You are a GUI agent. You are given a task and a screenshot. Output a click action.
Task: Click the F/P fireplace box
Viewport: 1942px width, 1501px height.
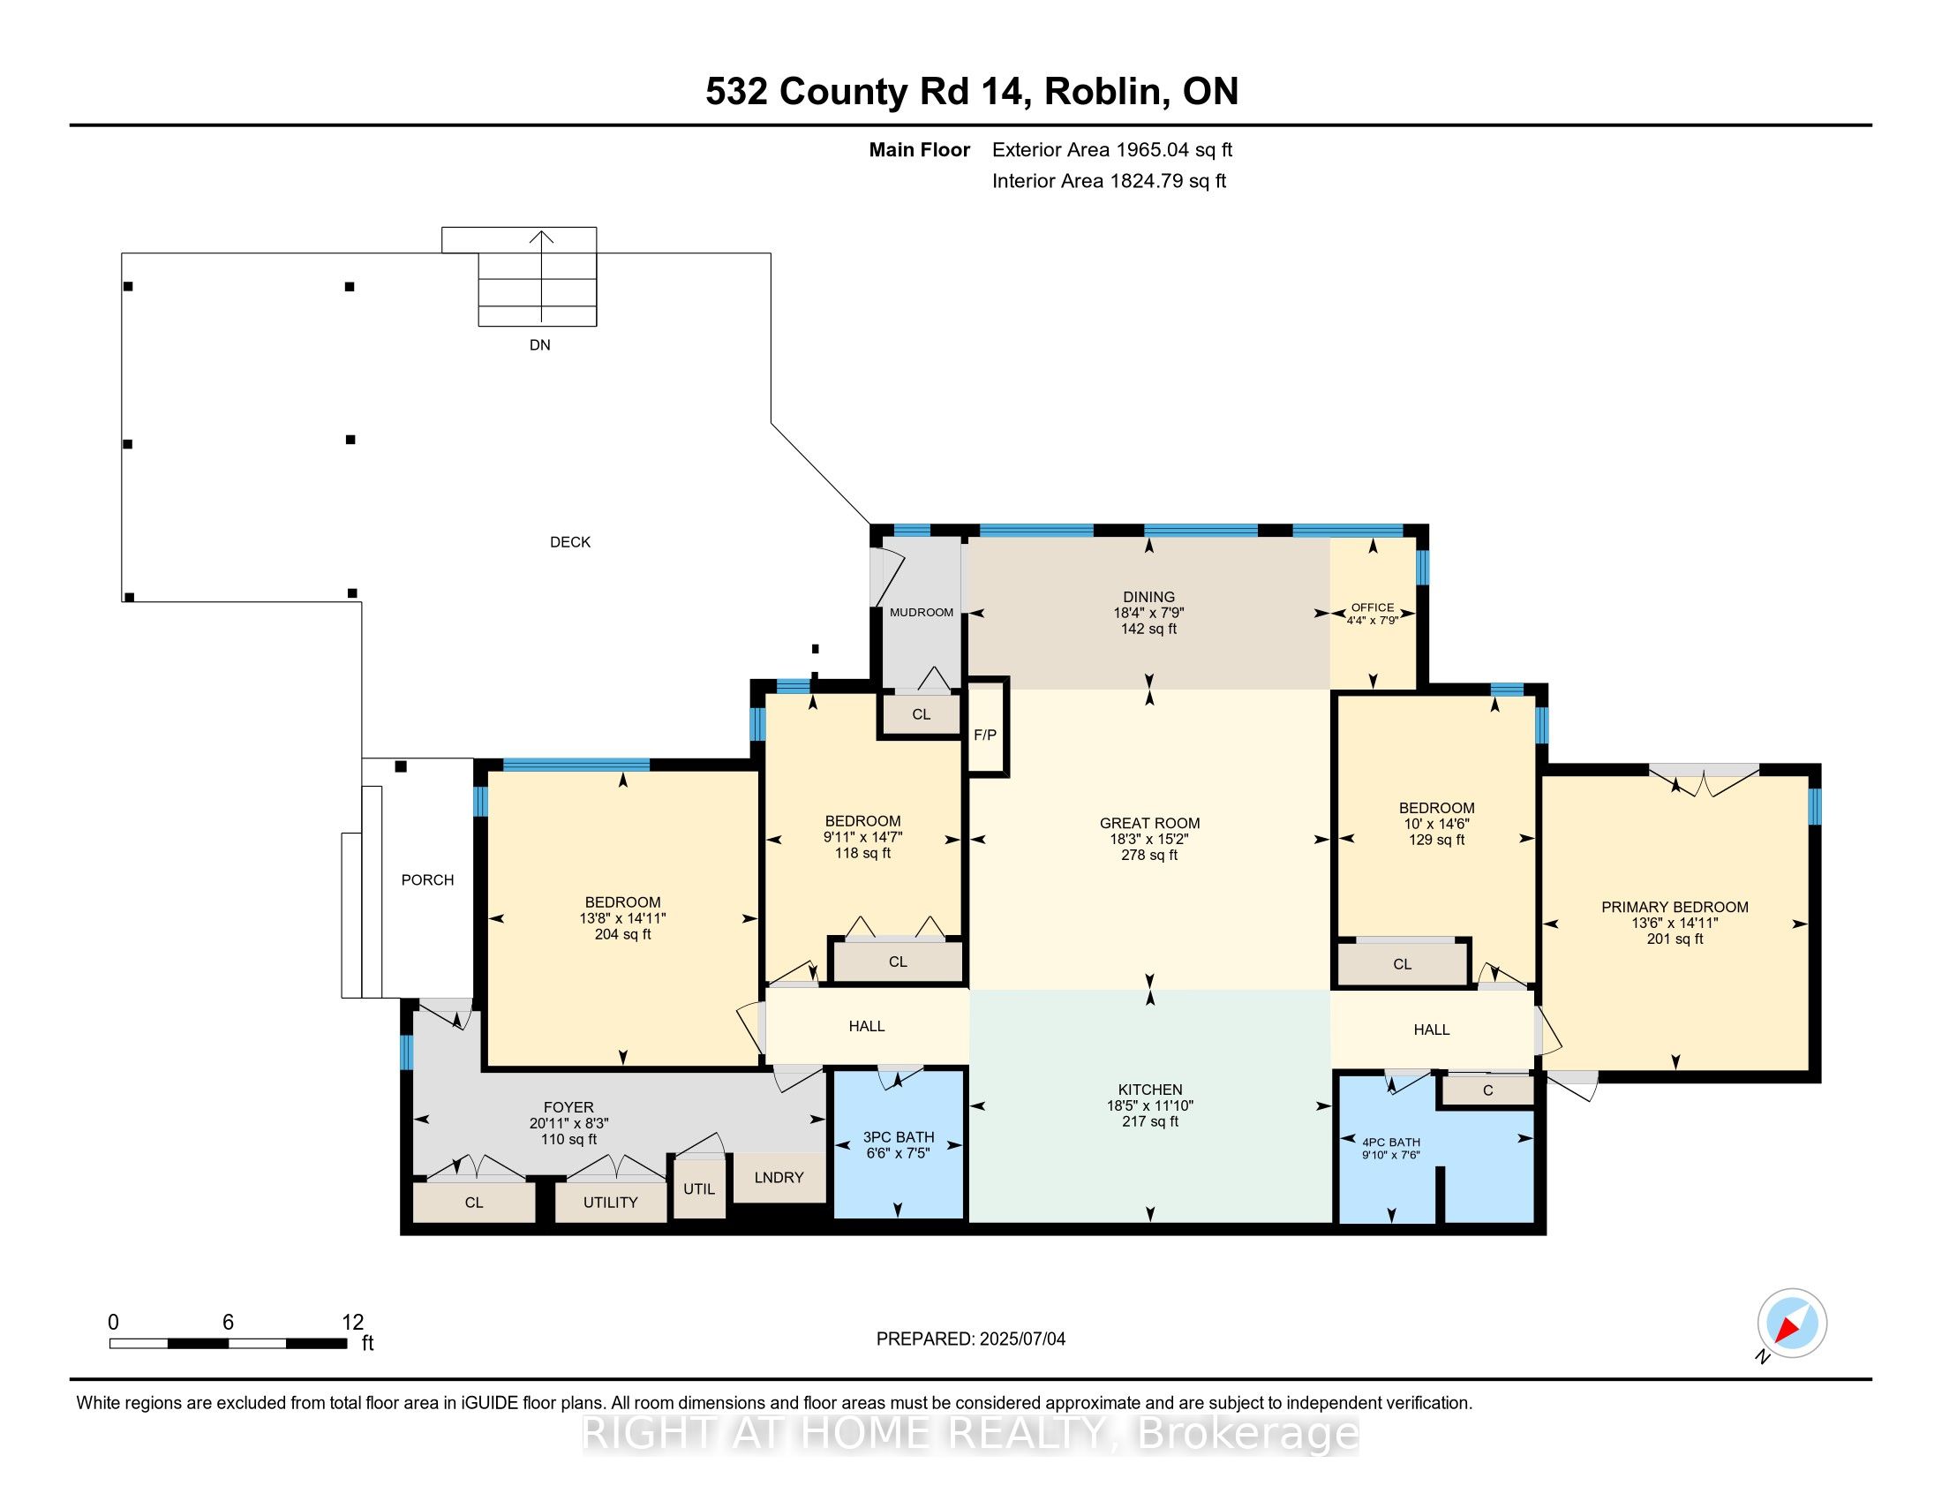tap(986, 728)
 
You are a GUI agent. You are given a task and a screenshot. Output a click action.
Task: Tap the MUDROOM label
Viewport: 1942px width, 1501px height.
tap(922, 613)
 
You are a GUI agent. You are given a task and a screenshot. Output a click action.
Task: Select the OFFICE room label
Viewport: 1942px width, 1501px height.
tap(1372, 607)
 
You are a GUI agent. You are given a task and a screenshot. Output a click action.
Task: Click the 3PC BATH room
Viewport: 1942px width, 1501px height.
tap(898, 1144)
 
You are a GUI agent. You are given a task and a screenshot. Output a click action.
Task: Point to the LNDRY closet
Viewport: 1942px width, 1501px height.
tap(779, 1177)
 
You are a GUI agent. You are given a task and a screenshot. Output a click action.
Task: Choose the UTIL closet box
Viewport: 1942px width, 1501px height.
tap(700, 1188)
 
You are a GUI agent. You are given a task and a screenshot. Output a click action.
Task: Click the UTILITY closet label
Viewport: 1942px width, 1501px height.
tap(610, 1203)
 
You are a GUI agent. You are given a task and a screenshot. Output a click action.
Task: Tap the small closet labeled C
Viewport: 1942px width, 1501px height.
tap(1487, 1090)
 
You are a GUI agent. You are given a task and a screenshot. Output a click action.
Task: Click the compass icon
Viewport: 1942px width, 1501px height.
tap(1792, 1324)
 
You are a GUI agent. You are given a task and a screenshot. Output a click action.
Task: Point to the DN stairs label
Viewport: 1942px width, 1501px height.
tap(539, 345)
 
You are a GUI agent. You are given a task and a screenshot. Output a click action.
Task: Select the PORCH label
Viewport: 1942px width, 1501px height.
tap(428, 879)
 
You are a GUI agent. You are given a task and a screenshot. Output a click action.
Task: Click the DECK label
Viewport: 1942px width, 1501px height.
tap(570, 541)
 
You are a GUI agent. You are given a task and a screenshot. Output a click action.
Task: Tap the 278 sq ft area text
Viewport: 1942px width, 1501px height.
tap(1148, 855)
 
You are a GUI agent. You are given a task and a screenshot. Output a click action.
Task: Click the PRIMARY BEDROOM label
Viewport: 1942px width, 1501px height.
tap(1675, 907)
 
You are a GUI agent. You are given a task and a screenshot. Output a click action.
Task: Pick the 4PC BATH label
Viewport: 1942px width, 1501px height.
tap(1391, 1142)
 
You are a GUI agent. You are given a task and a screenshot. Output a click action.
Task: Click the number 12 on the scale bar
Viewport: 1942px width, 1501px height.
tap(353, 1322)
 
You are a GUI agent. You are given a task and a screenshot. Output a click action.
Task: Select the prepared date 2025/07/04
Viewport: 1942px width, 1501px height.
tap(1021, 1339)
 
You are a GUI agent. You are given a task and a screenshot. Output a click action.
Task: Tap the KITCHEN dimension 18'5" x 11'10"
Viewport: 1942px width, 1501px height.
tap(1149, 1105)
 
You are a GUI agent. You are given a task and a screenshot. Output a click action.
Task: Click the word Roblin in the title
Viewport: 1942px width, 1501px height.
tap(1103, 91)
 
